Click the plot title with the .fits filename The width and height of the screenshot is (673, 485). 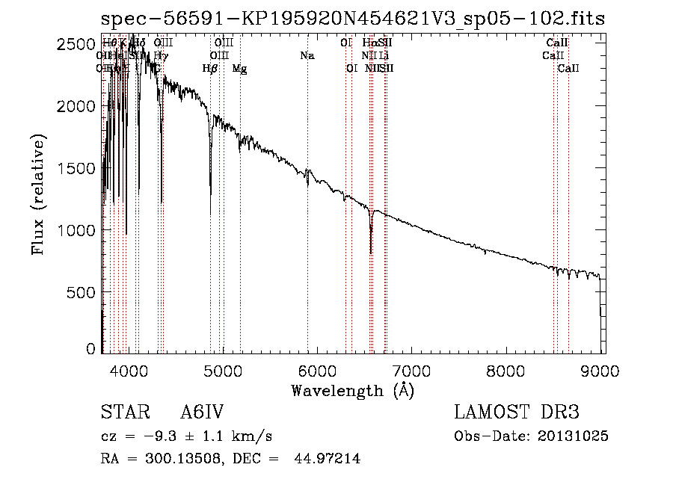[353, 19]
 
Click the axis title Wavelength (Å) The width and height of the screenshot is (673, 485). [352, 390]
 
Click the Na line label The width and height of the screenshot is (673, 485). [307, 56]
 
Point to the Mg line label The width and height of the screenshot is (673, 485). [239, 69]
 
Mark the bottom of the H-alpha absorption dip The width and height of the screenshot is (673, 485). [371, 253]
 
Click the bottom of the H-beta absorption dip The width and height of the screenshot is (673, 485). [210, 194]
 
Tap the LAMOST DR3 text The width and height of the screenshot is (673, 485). [516, 413]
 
